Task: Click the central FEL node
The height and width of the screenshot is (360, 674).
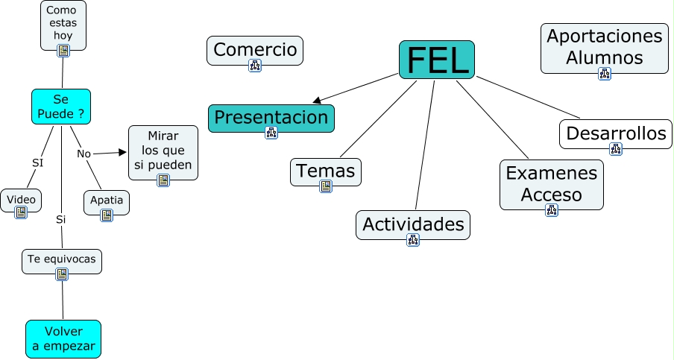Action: click(437, 59)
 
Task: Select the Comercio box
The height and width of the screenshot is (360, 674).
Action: click(255, 50)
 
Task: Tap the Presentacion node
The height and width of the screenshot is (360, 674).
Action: click(271, 118)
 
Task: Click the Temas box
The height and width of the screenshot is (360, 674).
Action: click(326, 171)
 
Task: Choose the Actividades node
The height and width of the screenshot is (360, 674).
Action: click(413, 224)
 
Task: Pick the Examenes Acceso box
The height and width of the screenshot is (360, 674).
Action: click(551, 183)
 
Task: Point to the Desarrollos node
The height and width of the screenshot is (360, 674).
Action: click(615, 133)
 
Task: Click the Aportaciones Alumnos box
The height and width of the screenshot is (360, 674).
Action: click(604, 47)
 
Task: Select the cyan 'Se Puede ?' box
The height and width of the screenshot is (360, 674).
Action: click(61, 107)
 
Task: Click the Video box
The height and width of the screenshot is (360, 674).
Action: click(21, 200)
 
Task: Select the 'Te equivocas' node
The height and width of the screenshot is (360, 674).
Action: click(62, 261)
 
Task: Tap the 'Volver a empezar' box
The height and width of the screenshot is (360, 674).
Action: click(63, 338)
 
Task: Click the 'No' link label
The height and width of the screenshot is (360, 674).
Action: click(84, 154)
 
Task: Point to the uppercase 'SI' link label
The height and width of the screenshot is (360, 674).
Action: click(37, 162)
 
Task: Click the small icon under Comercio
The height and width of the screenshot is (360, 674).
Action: click(255, 66)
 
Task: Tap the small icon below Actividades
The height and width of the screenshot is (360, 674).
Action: click(413, 240)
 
